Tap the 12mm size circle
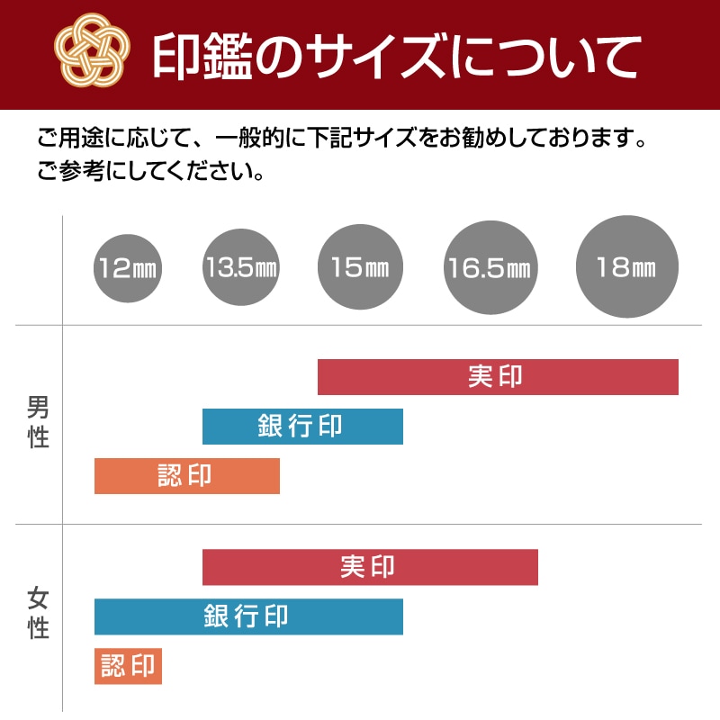click(128, 267)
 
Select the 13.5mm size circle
click(241, 267)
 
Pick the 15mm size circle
click(360, 267)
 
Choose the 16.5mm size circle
click(491, 267)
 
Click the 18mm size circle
click(626, 267)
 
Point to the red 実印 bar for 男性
click(498, 376)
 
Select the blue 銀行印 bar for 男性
click(302, 426)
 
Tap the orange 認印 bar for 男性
click(187, 475)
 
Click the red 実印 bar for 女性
click(370, 567)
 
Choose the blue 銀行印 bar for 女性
click(248, 616)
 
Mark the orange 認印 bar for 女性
click(128, 666)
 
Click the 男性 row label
click(38, 423)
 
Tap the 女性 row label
click(38, 613)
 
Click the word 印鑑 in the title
click(197, 56)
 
